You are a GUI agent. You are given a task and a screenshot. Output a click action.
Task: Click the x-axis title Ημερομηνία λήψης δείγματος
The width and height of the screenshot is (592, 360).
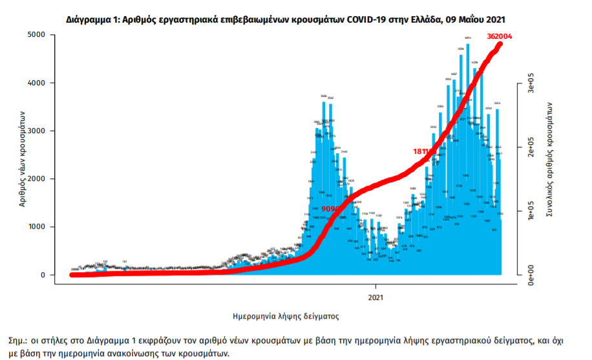point(286,316)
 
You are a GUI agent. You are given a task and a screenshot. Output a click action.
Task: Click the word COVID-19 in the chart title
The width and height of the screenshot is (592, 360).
point(370,20)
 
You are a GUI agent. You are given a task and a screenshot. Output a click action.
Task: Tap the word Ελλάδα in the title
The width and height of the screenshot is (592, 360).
point(423,20)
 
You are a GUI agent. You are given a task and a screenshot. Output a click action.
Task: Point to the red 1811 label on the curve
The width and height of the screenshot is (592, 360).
point(423,151)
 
